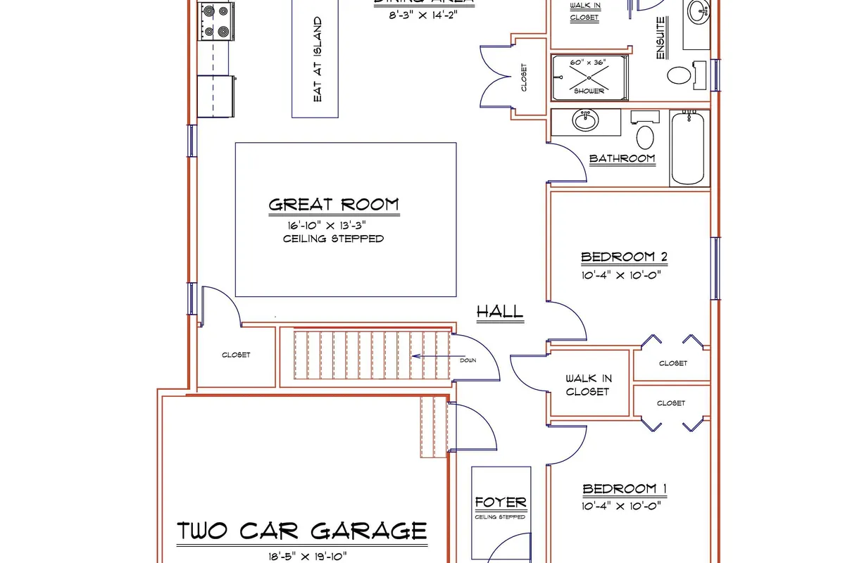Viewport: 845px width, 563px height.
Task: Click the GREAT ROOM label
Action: [x=333, y=205]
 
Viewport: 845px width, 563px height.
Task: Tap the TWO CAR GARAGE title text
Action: [x=301, y=530]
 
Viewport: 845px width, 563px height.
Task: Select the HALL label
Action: [x=500, y=311]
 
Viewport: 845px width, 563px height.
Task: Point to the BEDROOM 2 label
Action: [x=624, y=257]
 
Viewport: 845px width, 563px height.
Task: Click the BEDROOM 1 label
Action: [x=625, y=489]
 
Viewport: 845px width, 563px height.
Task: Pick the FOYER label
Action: [x=501, y=502]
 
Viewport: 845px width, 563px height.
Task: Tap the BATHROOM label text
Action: [x=622, y=158]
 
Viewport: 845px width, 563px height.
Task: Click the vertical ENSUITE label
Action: [x=661, y=38]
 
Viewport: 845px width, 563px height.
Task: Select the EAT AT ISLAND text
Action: [x=318, y=59]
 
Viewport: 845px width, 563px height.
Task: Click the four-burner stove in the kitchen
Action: [x=215, y=21]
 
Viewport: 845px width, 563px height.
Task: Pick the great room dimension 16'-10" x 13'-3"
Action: [x=328, y=225]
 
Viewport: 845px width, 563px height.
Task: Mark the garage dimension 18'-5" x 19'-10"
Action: [x=301, y=556]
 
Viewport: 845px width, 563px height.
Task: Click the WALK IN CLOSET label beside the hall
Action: [x=588, y=385]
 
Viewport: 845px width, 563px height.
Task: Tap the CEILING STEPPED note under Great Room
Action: [x=333, y=239]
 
